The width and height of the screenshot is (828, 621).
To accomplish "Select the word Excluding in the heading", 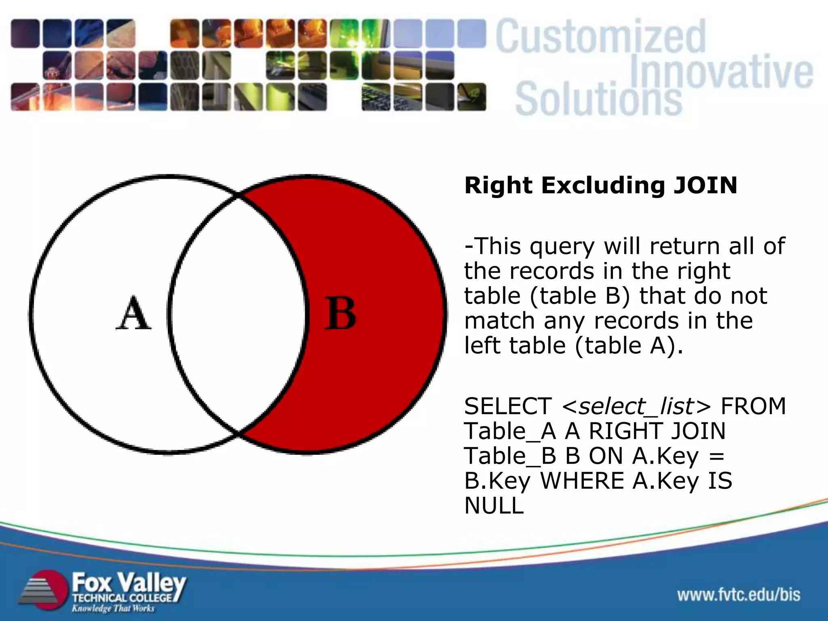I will (603, 186).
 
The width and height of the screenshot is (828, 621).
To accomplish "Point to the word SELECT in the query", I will (508, 406).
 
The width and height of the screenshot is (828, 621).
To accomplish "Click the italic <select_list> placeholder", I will (636, 406).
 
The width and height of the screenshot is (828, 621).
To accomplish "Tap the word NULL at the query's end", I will (494, 506).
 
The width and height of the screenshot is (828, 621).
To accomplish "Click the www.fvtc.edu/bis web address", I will (739, 595).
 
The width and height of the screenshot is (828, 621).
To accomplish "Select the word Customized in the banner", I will (601, 37).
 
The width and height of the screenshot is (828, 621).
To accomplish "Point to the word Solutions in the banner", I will (598, 99).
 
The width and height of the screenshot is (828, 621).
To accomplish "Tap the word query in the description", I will (562, 246).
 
